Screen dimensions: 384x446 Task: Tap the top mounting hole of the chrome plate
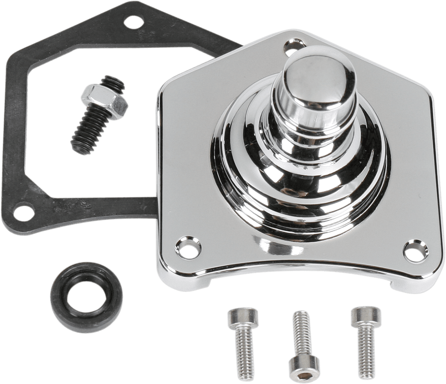[291, 48]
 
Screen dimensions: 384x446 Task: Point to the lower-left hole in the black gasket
[21, 211]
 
